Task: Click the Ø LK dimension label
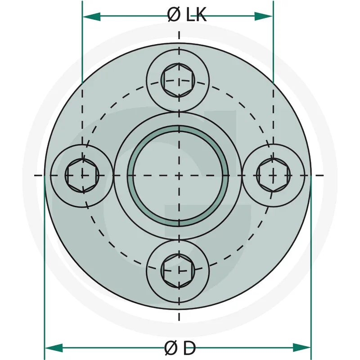click(186, 15)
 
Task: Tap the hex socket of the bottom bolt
click(178, 270)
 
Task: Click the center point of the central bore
click(179, 175)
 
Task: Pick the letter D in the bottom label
click(190, 348)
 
